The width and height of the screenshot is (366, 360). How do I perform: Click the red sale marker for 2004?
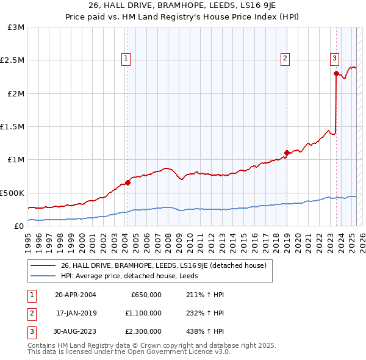(x=128, y=182)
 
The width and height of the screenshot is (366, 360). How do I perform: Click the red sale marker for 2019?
(x=286, y=153)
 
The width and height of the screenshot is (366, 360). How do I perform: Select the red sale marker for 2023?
(x=336, y=73)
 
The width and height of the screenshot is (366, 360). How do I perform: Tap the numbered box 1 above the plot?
(x=126, y=59)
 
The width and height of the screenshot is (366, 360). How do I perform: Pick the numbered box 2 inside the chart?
(x=285, y=59)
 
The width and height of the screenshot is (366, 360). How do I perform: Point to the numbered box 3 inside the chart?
(x=335, y=59)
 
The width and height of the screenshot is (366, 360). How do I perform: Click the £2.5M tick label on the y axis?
(x=12, y=60)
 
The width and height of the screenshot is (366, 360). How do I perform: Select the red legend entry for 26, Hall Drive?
(x=163, y=265)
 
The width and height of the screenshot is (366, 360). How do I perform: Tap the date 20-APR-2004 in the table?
(x=76, y=295)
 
